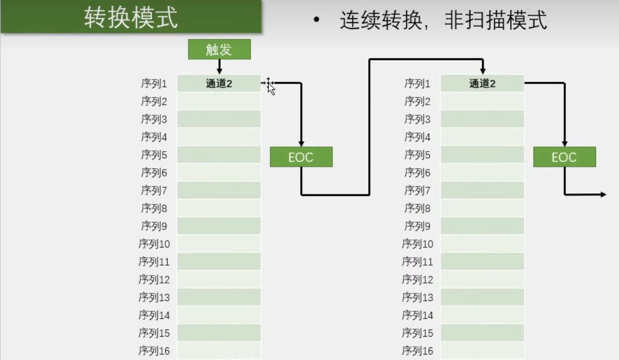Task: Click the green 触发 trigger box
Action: pyautogui.click(x=219, y=49)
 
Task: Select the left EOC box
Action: pyautogui.click(x=301, y=157)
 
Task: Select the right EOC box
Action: pyautogui.click(x=564, y=157)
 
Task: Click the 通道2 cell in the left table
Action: pyautogui.click(x=219, y=84)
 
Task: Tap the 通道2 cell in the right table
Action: pyautogui.click(x=482, y=84)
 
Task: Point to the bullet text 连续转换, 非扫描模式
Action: pyautogui.click(x=443, y=21)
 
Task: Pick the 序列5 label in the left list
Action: pyautogui.click(x=154, y=155)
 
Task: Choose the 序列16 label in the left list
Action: pyautogui.click(x=154, y=351)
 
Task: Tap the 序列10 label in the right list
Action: pyautogui.click(x=417, y=244)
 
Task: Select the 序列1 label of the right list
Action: pyautogui.click(x=417, y=84)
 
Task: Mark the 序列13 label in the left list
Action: pyautogui.click(x=154, y=298)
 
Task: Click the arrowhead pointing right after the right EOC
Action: pyautogui.click(x=604, y=194)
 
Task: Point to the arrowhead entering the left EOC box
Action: pyautogui.click(x=301, y=144)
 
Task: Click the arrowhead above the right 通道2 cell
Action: pyautogui.click(x=482, y=71)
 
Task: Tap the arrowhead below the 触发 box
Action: pyautogui.click(x=219, y=71)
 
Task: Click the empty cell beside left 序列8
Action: pyautogui.click(x=219, y=208)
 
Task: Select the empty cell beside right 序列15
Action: pyautogui.click(x=482, y=333)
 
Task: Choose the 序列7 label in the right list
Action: pyautogui.click(x=417, y=191)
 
